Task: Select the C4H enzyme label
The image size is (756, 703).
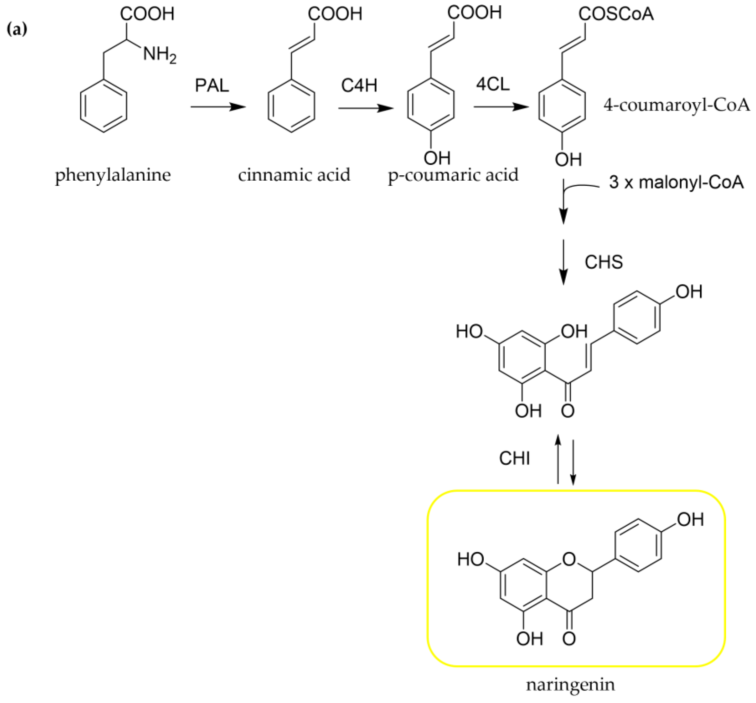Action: coord(359,86)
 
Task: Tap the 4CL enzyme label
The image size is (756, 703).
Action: coord(493,85)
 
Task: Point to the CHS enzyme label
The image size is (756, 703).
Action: coord(604,262)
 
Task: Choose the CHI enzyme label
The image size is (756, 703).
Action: coord(515,459)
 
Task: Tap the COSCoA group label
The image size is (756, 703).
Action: coord(616,15)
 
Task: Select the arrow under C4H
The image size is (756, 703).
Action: coord(365,109)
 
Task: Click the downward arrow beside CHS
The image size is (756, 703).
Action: coord(563,262)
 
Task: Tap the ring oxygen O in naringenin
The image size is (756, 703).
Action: coord(569,559)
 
